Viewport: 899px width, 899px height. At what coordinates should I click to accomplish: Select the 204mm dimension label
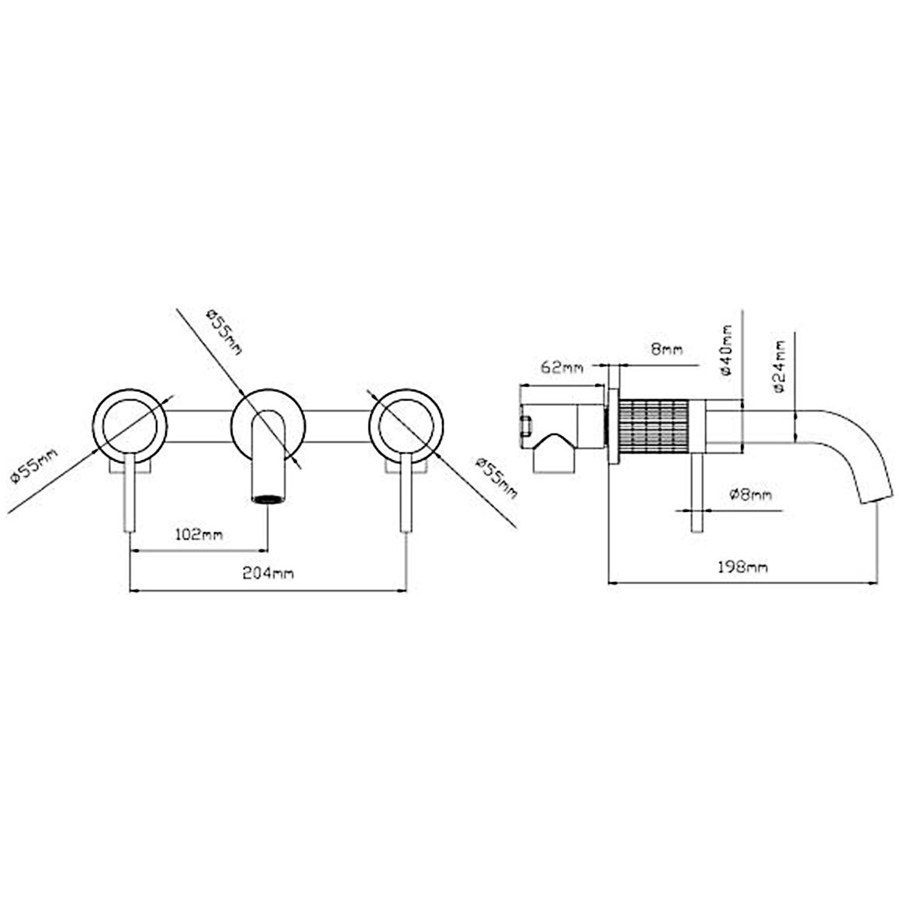point(268,572)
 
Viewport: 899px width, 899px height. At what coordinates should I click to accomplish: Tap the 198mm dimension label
point(742,567)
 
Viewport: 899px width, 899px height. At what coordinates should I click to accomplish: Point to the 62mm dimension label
point(562,368)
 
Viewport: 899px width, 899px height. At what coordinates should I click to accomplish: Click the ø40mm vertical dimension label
point(727,349)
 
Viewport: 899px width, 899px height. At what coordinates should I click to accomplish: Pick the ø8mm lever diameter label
point(751,493)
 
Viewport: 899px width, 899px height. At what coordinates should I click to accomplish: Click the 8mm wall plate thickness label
point(667,348)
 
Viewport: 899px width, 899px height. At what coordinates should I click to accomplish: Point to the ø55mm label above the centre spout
point(224,330)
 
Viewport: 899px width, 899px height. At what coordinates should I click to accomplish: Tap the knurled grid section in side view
point(653,424)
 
